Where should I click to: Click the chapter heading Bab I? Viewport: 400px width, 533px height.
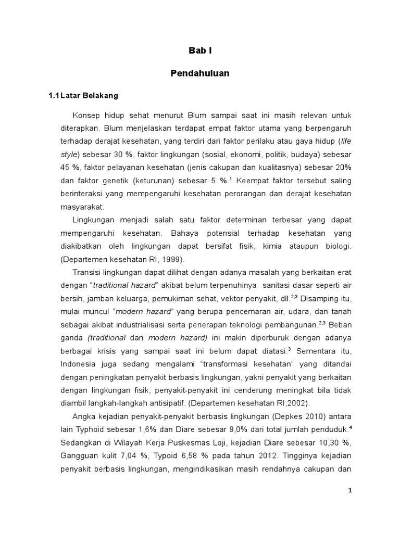pyautogui.click(x=200, y=51)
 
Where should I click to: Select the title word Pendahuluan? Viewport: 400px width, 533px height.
pyautogui.click(x=200, y=74)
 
